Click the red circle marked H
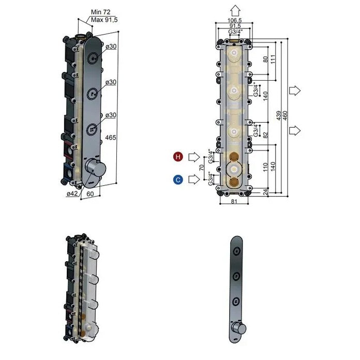point(178,156)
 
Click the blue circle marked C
point(178,179)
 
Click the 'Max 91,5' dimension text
point(104,20)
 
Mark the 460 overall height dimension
point(286,117)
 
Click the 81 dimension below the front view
point(236,201)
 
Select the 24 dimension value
point(266,191)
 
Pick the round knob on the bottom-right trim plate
point(237,328)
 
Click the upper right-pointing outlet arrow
point(294,91)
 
